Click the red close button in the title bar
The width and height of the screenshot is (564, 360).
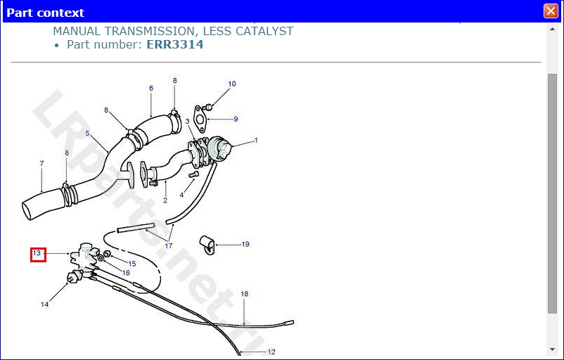(x=551, y=11)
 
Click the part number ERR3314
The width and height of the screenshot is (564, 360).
(x=175, y=44)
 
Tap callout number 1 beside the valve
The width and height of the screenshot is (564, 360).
(x=256, y=141)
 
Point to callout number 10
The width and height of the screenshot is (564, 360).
(x=232, y=84)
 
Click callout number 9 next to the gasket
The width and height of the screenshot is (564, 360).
(x=236, y=119)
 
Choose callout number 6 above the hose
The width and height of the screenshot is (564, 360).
(x=151, y=89)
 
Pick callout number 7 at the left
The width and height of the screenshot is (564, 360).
(x=41, y=164)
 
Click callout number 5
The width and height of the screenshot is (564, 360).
(x=87, y=134)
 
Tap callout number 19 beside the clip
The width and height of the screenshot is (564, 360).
(x=245, y=245)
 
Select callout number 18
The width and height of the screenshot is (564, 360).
(x=245, y=294)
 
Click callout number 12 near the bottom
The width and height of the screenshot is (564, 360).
(x=271, y=352)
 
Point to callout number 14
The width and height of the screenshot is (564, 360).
(x=45, y=304)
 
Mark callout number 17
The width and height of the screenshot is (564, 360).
(x=169, y=246)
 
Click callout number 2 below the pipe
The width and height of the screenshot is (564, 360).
(x=165, y=201)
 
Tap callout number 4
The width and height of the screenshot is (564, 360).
(x=181, y=195)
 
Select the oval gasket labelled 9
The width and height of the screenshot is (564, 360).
(x=201, y=117)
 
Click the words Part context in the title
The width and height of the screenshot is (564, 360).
(x=46, y=13)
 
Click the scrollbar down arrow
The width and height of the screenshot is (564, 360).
(x=552, y=349)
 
